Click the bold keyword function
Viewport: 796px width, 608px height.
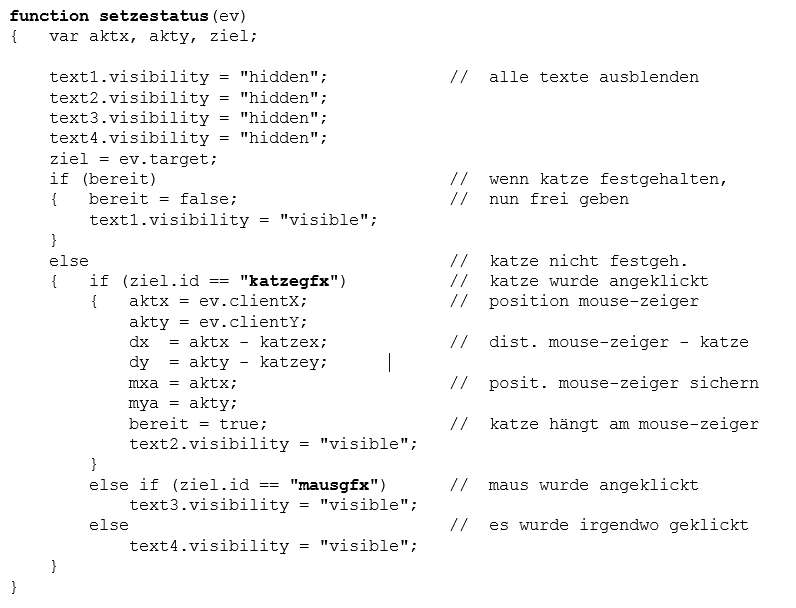[x=50, y=16]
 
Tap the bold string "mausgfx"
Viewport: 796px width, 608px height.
[x=335, y=485]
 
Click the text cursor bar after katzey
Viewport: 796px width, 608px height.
[x=389, y=362]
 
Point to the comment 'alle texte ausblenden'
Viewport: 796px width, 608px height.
[x=594, y=77]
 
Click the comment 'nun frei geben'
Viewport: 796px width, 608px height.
[x=559, y=199]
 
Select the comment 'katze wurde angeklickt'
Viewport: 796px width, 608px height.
[x=599, y=281]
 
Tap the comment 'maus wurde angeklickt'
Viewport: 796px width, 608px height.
[x=594, y=485]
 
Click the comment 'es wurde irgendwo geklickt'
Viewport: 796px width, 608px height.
[x=619, y=525]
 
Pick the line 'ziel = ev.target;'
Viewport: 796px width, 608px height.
[x=133, y=158]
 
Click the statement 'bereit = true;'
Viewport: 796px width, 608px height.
[x=198, y=424]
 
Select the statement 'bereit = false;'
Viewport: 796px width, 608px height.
[x=163, y=199]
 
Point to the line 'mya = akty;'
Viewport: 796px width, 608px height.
[x=183, y=403]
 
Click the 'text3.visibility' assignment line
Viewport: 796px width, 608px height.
[x=273, y=505]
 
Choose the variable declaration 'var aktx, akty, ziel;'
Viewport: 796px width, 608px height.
[x=153, y=36]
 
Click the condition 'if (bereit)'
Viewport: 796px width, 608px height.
[x=103, y=179]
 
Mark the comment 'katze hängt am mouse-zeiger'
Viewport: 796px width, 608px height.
[x=624, y=424]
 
